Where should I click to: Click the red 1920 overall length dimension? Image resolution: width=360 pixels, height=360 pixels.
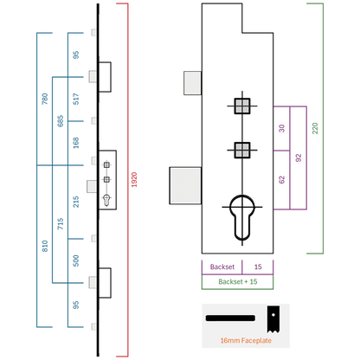(x=134, y=180)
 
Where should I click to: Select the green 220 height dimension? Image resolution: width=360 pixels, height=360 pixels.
(x=315, y=128)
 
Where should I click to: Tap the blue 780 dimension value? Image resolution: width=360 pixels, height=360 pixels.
(x=45, y=99)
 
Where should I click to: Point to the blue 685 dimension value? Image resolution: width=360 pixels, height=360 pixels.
(x=61, y=121)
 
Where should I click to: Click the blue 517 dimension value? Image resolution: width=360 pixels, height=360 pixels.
(x=76, y=99)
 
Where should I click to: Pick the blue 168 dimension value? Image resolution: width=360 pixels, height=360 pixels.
(x=76, y=143)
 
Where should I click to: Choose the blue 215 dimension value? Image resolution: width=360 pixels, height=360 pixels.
(x=76, y=202)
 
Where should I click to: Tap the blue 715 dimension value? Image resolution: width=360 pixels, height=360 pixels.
(x=61, y=224)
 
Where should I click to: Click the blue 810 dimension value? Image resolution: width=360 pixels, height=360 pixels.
(x=45, y=246)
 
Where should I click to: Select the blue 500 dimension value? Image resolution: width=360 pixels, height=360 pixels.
(x=76, y=260)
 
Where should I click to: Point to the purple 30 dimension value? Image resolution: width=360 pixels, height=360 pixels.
(x=282, y=128)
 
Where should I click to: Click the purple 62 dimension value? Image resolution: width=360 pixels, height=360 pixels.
(x=282, y=180)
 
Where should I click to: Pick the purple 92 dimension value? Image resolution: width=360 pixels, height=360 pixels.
(x=299, y=157)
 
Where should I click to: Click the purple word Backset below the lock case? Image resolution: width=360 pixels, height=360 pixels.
(x=222, y=267)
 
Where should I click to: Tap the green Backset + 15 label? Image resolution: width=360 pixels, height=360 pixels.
(x=238, y=281)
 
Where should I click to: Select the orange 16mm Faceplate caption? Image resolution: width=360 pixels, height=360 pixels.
(x=246, y=341)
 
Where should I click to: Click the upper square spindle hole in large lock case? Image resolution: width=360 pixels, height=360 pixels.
(x=242, y=106)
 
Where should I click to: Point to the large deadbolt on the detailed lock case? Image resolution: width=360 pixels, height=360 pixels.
(x=185, y=186)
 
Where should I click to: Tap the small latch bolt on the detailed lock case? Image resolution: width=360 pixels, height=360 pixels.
(x=193, y=83)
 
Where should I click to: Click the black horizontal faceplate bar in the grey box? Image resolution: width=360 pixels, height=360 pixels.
(x=230, y=318)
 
